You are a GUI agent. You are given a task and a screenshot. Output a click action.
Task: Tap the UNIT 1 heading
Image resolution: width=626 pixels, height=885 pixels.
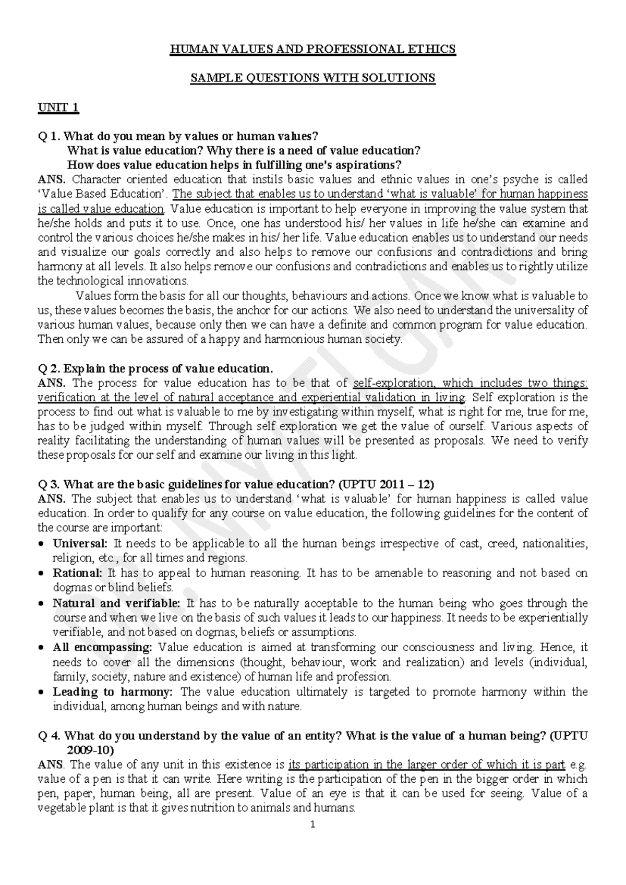58,107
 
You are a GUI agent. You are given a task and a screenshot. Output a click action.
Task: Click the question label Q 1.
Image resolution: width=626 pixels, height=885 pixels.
49,137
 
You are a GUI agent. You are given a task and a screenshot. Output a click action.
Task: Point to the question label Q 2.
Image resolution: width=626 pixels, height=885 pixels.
49,369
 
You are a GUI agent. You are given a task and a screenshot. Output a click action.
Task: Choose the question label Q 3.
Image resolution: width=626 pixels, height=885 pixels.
49,484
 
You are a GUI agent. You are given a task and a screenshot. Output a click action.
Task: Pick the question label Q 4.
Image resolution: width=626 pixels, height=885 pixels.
49,736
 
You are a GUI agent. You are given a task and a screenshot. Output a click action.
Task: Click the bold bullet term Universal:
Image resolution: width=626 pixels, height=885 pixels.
80,543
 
